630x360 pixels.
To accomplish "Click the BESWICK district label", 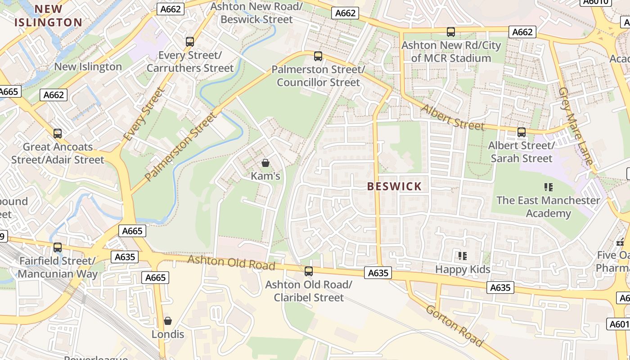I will [395, 186].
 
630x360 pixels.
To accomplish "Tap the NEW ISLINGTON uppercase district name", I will [48, 16].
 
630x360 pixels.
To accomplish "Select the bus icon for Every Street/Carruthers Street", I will [190, 42].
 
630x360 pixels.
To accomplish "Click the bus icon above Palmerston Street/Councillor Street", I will [318, 56].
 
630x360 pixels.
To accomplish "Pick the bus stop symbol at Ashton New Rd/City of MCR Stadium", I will [450, 32].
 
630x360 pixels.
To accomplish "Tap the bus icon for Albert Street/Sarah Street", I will [521, 132].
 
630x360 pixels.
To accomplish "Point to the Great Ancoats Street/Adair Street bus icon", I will [58, 134].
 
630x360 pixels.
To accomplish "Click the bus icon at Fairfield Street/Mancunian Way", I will [58, 247].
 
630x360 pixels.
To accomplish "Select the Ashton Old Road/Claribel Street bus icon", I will [309, 271].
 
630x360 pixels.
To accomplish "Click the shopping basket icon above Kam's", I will [265, 162].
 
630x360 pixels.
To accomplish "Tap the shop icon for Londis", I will [168, 321].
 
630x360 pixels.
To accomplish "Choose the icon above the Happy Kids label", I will [463, 256].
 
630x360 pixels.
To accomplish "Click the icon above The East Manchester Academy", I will [548, 187].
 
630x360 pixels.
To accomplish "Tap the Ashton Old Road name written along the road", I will [231, 263].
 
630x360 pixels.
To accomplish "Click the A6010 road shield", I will [597, 2].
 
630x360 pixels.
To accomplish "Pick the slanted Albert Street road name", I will [453, 117].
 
